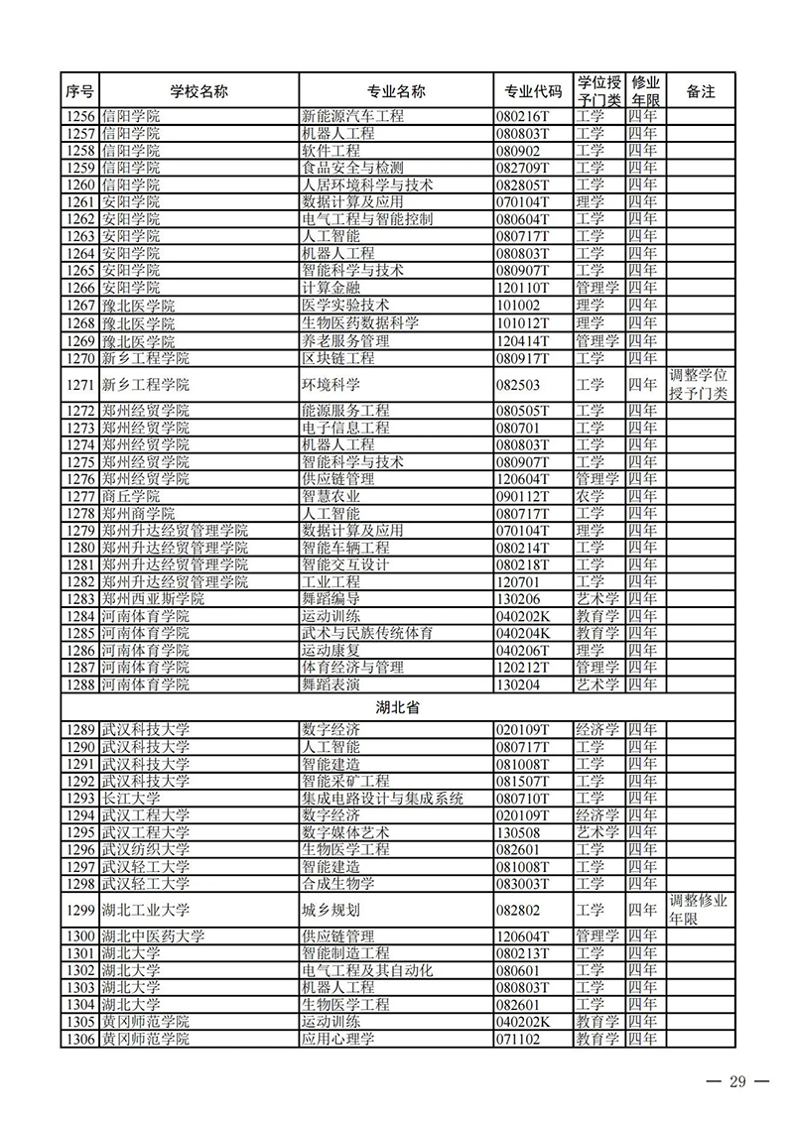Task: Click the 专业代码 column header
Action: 533,91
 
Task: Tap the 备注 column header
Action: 701,91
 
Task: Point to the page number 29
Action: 735,1080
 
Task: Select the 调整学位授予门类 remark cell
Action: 700,385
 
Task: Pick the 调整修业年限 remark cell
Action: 700,910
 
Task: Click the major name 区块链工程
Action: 338,358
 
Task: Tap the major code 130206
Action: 520,599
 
